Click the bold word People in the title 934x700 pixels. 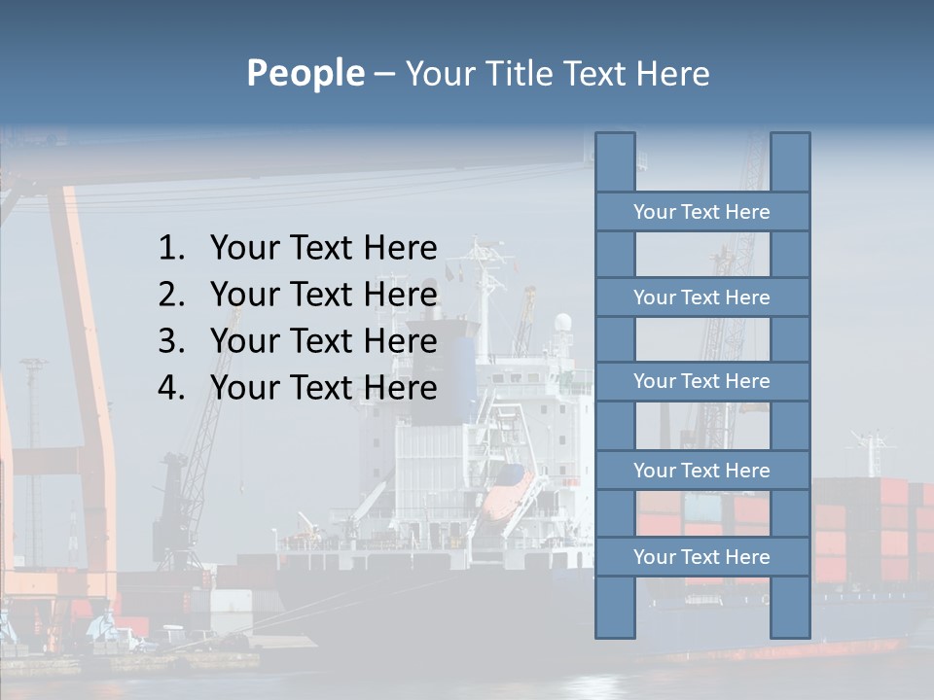305,73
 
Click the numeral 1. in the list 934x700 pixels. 171,249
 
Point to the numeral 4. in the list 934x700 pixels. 171,388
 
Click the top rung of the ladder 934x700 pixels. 701,212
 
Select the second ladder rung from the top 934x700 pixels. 701,297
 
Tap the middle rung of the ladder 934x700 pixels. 701,381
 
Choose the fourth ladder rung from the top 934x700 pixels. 701,471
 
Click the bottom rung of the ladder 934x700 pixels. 701,557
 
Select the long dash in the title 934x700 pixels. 384,74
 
